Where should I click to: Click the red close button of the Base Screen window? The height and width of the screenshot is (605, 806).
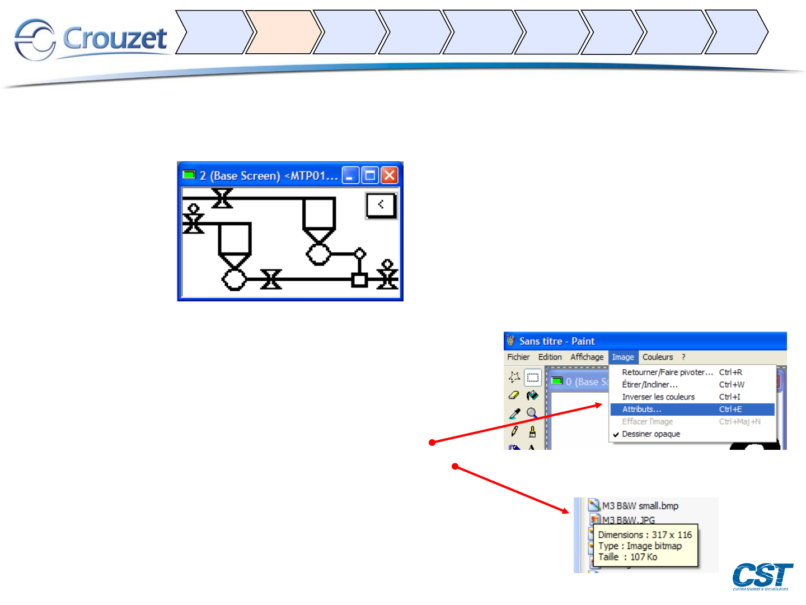(x=390, y=175)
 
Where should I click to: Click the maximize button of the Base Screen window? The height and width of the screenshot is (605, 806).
(x=370, y=175)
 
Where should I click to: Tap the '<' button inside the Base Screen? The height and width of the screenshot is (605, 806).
(x=381, y=205)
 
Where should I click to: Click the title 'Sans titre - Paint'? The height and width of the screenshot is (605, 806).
(x=556, y=341)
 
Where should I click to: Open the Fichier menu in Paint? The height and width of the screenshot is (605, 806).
(x=518, y=357)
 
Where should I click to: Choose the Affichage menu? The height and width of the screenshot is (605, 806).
(x=587, y=357)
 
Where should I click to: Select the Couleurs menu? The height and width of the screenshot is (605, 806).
(x=658, y=357)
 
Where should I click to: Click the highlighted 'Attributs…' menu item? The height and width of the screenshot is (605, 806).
(x=641, y=409)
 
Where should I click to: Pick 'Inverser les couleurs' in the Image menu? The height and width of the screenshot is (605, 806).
(x=658, y=397)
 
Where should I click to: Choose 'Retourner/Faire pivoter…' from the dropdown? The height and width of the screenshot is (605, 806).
(x=667, y=373)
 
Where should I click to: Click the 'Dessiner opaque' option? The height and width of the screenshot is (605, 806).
(x=651, y=434)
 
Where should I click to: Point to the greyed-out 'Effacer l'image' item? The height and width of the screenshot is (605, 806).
(x=648, y=422)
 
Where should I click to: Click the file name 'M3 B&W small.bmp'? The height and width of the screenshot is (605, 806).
(x=640, y=506)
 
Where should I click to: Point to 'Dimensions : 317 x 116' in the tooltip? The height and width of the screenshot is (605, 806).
(x=645, y=535)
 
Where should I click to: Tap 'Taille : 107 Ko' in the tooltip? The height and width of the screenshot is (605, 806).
(x=627, y=557)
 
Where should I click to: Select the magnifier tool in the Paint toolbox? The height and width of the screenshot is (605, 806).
(x=532, y=413)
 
